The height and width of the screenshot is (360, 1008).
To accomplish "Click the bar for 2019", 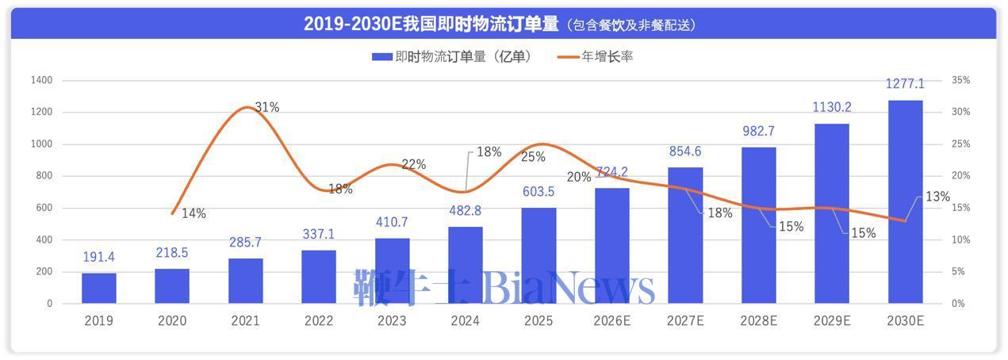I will pos(98,289).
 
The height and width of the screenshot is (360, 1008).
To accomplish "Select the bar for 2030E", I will pos(905,201).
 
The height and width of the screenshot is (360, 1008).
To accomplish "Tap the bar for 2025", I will pos(538,255).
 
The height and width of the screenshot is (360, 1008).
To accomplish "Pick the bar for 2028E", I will pos(758,225).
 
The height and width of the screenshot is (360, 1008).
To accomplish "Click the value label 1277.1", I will pos(905,84).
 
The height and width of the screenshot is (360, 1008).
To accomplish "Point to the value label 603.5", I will pos(538,192).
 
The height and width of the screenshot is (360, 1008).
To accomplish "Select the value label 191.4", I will pos(99,257).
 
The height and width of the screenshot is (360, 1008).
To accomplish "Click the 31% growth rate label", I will pos(267,107).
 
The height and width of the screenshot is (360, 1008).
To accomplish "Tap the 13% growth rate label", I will pos(937,197).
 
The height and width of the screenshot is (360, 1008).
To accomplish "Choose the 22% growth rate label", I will pos(414,164).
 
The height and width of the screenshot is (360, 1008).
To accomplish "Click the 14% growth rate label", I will pos(194,213).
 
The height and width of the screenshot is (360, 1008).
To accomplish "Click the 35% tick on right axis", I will pos(960,80).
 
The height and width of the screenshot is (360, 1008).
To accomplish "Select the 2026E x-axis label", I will pos(612,321).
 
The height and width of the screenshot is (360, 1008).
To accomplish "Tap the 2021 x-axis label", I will pos(245,321).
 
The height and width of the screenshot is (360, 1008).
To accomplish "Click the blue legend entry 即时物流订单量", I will pos(452,56).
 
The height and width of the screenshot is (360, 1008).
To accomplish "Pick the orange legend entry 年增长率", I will pos(596,56).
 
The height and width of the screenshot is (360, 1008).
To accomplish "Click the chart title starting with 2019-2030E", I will pos(504,24).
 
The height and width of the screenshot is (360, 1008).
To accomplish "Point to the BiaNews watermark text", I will pos(569,288).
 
